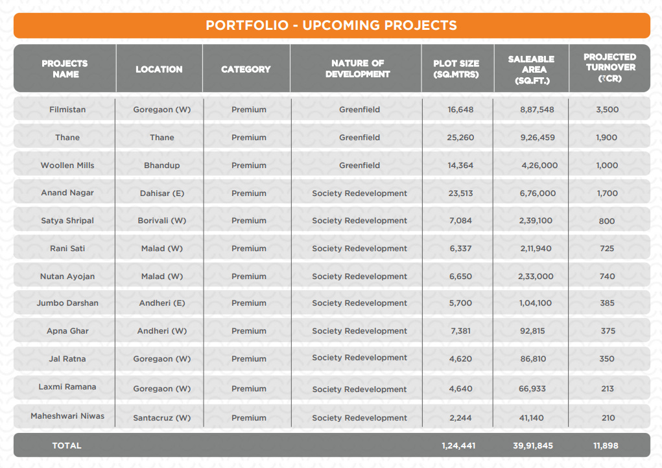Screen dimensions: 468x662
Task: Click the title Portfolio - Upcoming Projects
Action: (x=331, y=25)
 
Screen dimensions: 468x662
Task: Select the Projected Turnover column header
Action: (x=609, y=68)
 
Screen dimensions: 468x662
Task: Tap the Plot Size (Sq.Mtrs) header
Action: (x=456, y=69)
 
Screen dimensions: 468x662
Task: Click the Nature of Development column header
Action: (x=357, y=68)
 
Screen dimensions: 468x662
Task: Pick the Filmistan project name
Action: (x=67, y=110)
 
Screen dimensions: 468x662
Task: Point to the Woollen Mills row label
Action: (x=67, y=166)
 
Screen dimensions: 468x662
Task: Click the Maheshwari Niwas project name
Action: (x=67, y=416)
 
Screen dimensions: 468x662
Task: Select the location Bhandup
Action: (x=161, y=166)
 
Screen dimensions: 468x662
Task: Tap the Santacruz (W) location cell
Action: (x=161, y=418)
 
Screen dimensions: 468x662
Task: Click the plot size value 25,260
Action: (x=460, y=138)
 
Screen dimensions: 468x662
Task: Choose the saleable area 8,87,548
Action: (x=537, y=110)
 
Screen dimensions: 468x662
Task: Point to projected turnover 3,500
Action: (x=607, y=110)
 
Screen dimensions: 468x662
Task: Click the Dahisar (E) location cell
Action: (x=161, y=193)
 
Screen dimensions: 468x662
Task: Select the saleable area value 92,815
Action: (x=532, y=331)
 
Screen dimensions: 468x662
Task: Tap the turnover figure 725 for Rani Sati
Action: (x=607, y=249)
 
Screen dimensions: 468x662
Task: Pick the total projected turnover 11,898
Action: (x=607, y=446)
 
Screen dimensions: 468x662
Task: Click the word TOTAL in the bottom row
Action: (x=67, y=446)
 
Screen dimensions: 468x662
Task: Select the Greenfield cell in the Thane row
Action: (x=359, y=138)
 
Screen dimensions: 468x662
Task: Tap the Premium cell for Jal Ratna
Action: (x=249, y=359)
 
